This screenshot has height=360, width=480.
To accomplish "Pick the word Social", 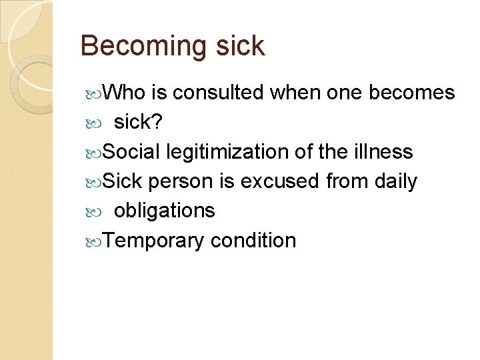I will tap(132, 151).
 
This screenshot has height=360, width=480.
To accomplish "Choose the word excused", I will tap(281, 181).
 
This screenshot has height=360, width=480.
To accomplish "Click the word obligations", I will tap(165, 211).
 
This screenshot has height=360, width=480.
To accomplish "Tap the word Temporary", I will tap(154, 240).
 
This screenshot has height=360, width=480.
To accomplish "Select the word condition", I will tap(253, 240).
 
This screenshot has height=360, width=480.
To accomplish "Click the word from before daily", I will tap(345, 181).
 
